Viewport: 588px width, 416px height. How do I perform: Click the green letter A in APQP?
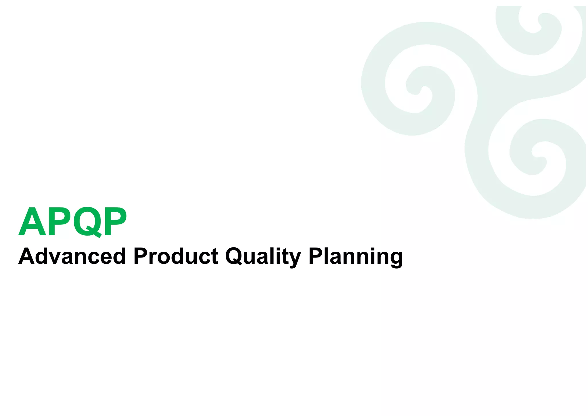[32, 222]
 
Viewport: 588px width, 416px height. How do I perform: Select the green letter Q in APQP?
[87, 222]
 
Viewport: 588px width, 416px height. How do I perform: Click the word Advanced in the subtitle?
[72, 256]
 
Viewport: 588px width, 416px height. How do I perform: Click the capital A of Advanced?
[28, 256]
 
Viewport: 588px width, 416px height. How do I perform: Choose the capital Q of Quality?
[235, 256]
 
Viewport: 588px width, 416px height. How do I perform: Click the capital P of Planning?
[316, 256]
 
